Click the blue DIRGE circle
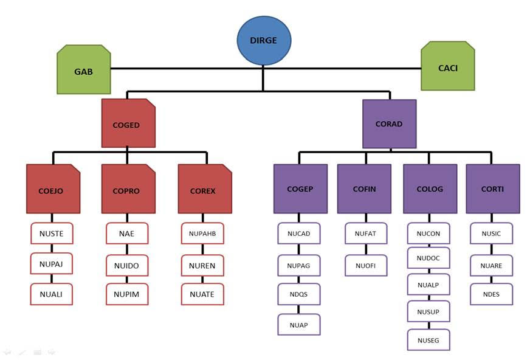(x=264, y=41)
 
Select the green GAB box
(x=84, y=71)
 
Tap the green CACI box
(x=447, y=67)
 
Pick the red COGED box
(x=128, y=124)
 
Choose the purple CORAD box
(x=389, y=124)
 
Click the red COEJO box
(x=53, y=190)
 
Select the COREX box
(x=204, y=190)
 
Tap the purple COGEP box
(x=300, y=189)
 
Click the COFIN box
(x=365, y=189)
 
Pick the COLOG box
(x=430, y=189)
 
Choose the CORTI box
(x=492, y=189)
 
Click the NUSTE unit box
(x=52, y=234)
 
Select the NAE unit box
(x=127, y=234)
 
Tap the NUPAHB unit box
(x=202, y=234)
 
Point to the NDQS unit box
(x=299, y=294)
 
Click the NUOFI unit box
(x=366, y=265)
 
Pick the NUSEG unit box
(x=428, y=340)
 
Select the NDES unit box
(x=492, y=294)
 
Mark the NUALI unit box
(x=52, y=294)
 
